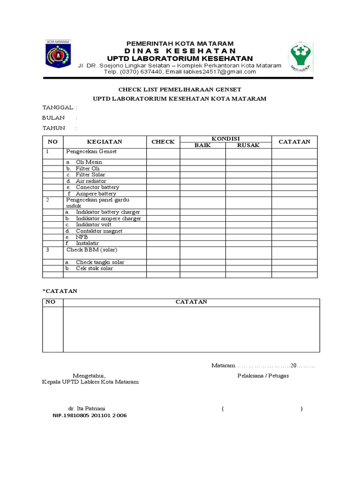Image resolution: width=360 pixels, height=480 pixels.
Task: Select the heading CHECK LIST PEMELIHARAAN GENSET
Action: tap(180, 89)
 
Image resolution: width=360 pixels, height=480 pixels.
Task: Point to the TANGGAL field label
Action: tap(58, 108)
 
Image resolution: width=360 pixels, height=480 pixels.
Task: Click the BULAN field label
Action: tap(53, 118)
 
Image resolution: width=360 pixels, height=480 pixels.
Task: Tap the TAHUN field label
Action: tap(54, 128)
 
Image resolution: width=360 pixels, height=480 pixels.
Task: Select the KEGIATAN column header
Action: tap(105, 142)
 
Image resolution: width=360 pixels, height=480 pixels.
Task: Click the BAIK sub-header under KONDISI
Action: tap(203, 145)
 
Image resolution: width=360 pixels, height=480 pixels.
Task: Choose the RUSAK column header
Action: tap(248, 145)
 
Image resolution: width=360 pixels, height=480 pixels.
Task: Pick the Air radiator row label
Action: tap(91, 181)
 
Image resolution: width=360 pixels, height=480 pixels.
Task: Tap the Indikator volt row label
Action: tap(93, 225)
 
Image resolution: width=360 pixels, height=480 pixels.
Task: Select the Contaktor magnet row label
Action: tap(99, 231)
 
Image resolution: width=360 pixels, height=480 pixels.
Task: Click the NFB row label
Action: tap(82, 237)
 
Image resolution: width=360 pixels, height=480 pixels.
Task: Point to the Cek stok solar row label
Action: tap(94, 269)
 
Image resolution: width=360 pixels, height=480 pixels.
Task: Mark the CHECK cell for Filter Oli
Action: tap(163, 168)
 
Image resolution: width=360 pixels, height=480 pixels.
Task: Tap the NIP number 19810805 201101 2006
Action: tap(90, 416)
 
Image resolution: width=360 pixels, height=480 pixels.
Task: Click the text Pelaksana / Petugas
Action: tap(263, 376)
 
